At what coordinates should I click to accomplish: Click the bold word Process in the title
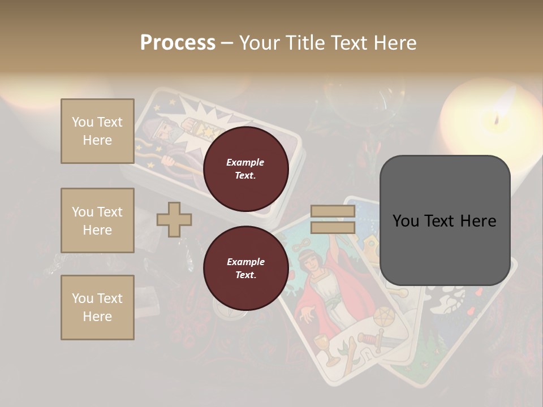(178, 42)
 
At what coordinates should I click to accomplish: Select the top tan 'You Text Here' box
(97, 131)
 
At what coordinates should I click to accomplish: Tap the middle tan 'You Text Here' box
(97, 220)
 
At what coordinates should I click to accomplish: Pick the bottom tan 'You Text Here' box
(97, 308)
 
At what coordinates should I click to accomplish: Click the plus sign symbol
(174, 219)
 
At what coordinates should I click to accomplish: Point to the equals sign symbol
(333, 219)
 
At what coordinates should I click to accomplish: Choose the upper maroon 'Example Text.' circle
(245, 169)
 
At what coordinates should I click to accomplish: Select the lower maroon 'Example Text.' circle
(245, 269)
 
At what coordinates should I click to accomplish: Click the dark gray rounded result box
(445, 220)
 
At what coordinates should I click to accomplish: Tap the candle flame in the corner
(497, 120)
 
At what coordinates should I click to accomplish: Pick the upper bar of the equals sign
(333, 211)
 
